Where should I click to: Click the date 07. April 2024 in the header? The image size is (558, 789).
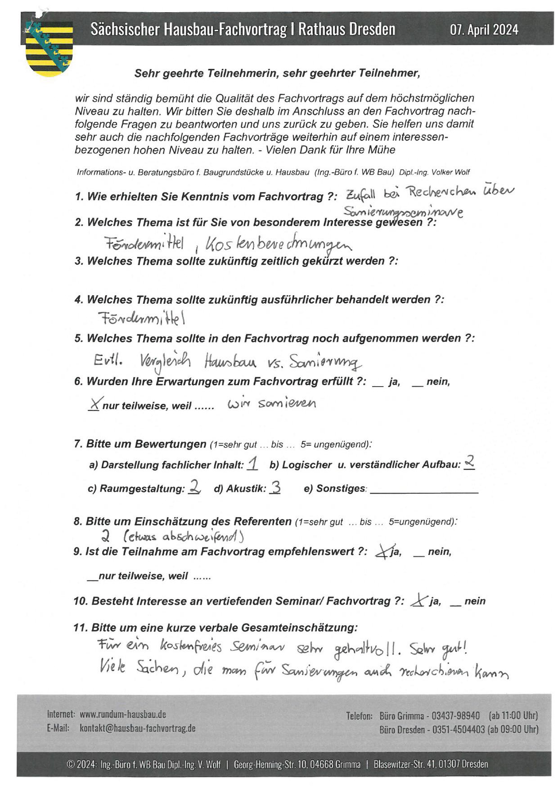pos(484,30)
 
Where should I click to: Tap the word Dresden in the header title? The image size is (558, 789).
pos(372,29)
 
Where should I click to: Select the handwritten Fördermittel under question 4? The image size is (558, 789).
pos(142,319)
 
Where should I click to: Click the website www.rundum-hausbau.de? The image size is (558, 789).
pos(123,714)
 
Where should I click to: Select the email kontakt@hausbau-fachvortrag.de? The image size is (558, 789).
pos(138,728)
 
